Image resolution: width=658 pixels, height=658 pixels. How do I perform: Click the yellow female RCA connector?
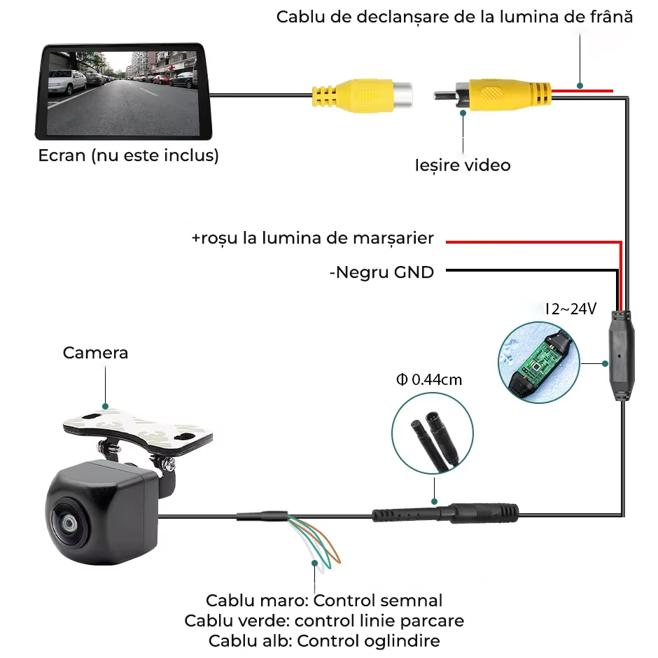point(362,96)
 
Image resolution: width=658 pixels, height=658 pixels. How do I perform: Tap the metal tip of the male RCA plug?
point(444,96)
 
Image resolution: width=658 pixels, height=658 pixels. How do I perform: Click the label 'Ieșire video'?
point(463,165)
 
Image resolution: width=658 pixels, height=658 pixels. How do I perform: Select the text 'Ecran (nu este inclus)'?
point(128,155)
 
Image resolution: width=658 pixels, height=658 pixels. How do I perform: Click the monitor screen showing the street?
point(122,92)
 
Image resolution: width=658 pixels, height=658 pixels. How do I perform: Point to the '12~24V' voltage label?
point(570,309)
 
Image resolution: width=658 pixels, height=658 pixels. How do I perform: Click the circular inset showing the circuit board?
point(539,363)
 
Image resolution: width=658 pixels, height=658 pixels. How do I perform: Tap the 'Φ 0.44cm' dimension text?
point(429,380)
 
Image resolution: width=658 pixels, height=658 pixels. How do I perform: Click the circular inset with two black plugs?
point(433,433)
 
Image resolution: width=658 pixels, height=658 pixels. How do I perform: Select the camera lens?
point(67,522)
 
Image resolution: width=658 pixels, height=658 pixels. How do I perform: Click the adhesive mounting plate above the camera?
point(137,428)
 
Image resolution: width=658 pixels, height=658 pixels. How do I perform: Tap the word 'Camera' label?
point(95,353)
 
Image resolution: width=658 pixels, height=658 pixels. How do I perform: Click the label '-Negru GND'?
point(381,272)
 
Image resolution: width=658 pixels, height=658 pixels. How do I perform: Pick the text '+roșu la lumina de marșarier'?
point(313,238)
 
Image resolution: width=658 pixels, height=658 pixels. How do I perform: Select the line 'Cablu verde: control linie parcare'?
point(324,621)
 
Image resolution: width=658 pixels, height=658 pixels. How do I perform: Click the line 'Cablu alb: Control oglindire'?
point(324,640)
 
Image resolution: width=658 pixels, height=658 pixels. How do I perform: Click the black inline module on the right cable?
point(622,356)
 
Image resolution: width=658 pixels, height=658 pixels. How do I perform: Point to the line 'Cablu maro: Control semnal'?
point(324,601)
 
